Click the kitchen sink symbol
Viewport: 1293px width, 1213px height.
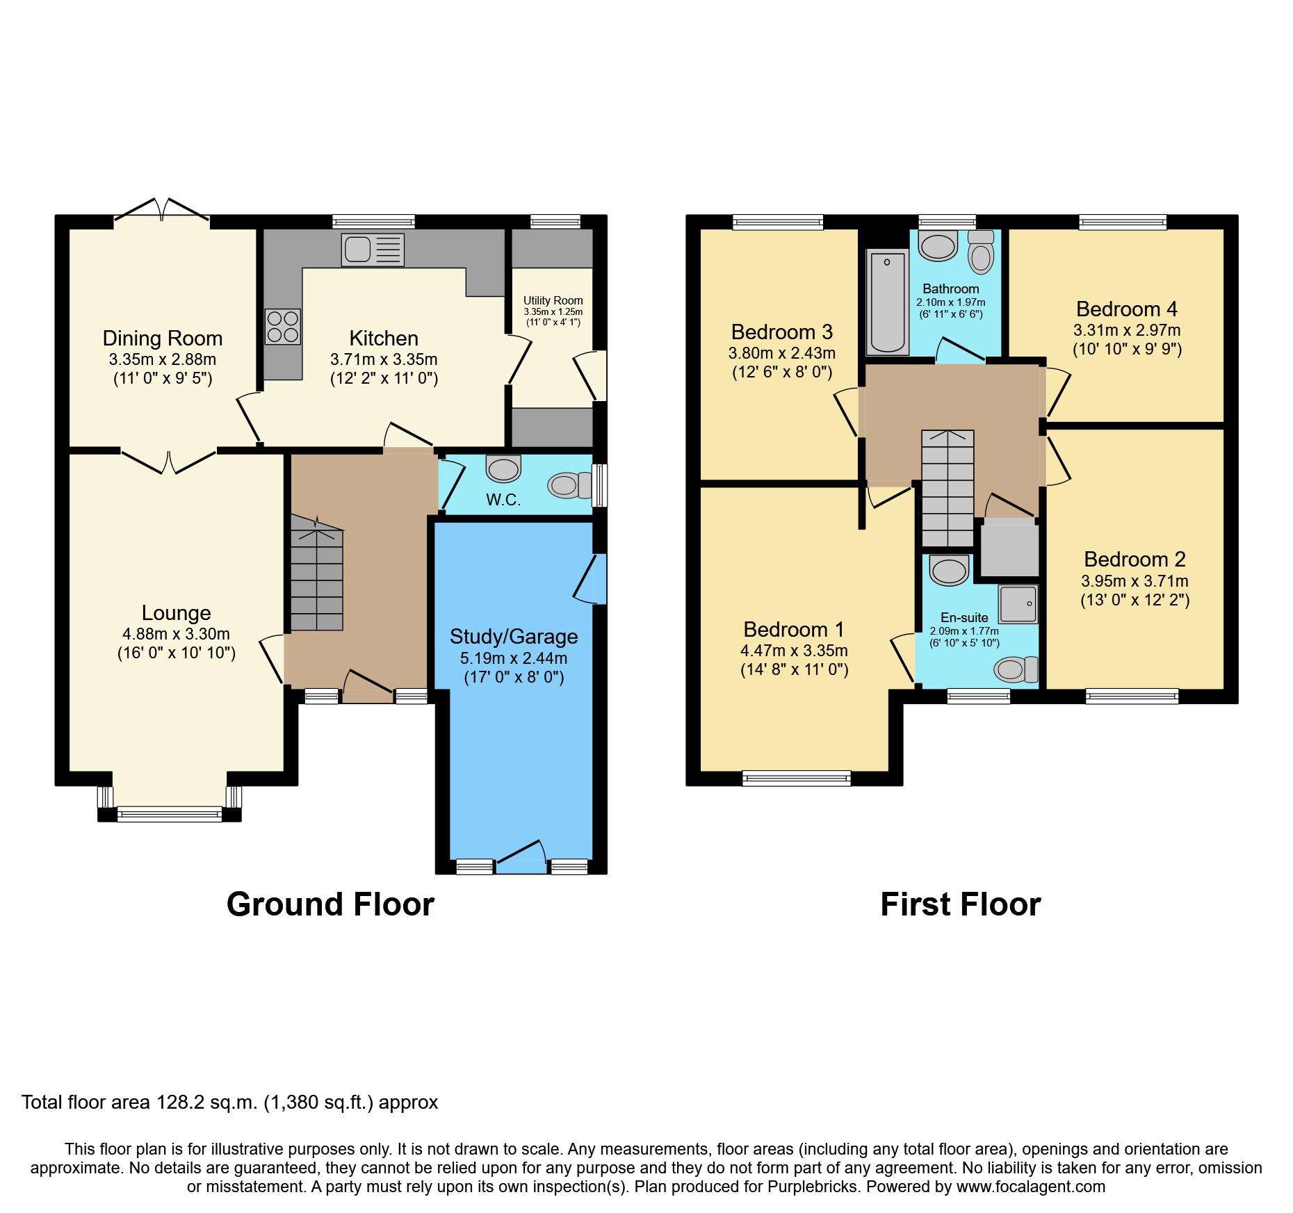[x=373, y=250]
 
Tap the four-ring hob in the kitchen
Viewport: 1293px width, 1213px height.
[x=283, y=327]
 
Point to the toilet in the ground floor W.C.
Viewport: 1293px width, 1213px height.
[x=569, y=485]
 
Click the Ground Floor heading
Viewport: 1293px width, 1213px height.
[x=330, y=904]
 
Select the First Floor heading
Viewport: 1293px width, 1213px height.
[x=960, y=904]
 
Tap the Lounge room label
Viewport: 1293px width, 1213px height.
[x=176, y=612]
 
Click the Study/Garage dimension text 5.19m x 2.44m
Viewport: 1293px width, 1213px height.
[x=513, y=658]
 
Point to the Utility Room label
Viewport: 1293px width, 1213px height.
[x=553, y=300]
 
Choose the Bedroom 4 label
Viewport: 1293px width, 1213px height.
[x=1126, y=309]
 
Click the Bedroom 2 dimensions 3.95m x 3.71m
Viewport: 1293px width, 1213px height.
[x=1134, y=580]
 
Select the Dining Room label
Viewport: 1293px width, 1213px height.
[x=162, y=338]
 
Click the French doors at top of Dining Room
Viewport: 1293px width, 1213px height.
[x=161, y=210]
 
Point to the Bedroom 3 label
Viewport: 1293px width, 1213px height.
[x=781, y=332]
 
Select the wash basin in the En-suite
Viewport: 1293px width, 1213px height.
[x=949, y=571]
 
